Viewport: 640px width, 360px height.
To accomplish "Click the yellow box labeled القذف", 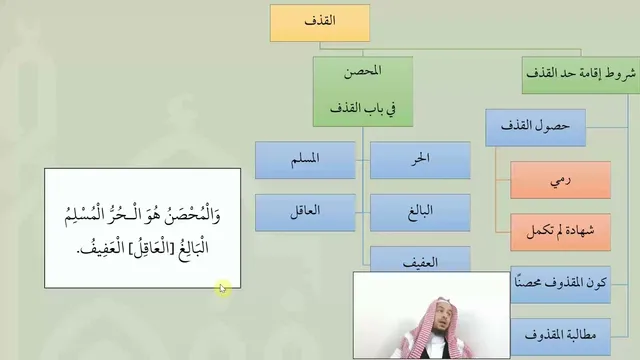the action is tap(320, 23).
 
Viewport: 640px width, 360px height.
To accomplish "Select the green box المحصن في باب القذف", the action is tap(363, 91).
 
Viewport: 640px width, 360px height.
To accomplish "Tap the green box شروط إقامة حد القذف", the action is tap(581, 75).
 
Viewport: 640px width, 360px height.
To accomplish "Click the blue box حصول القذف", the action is tap(536, 127).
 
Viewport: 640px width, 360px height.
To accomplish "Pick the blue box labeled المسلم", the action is tap(305, 160).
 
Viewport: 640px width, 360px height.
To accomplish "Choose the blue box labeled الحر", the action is tap(420, 160).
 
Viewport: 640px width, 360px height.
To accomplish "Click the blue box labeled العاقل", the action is tap(305, 213).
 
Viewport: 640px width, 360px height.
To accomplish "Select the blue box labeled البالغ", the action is tap(420, 213).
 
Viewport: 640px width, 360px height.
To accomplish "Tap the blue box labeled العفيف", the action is tap(420, 260).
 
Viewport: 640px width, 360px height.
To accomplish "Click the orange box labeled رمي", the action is tap(560, 180).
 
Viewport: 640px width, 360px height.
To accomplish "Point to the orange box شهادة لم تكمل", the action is tap(560, 232).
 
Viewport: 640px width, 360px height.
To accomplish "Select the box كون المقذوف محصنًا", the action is tap(560, 284).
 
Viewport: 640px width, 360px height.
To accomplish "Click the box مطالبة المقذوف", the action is tap(560, 337).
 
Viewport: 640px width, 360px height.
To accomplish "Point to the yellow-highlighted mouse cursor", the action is tap(222, 289).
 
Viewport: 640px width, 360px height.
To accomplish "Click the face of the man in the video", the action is tap(441, 319).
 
